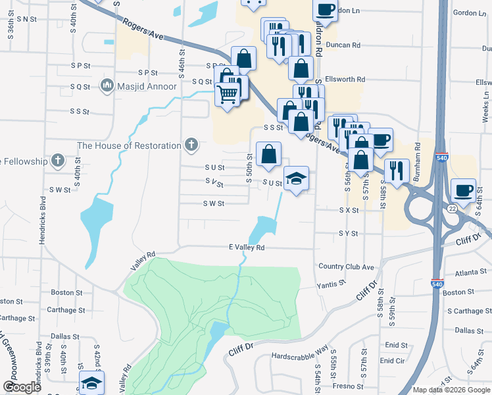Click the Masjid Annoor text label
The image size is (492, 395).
(147, 86)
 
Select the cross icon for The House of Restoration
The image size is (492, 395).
(191, 145)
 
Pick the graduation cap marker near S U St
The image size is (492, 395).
(296, 178)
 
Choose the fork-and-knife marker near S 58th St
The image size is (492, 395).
(397, 170)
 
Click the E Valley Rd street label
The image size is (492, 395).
(246, 248)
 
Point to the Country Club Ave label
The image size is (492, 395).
(345, 267)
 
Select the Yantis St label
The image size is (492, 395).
(331, 284)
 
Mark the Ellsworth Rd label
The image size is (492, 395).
(343, 79)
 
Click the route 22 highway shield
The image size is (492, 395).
(452, 208)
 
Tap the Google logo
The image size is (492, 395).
(22, 387)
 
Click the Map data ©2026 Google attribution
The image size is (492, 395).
(451, 390)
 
